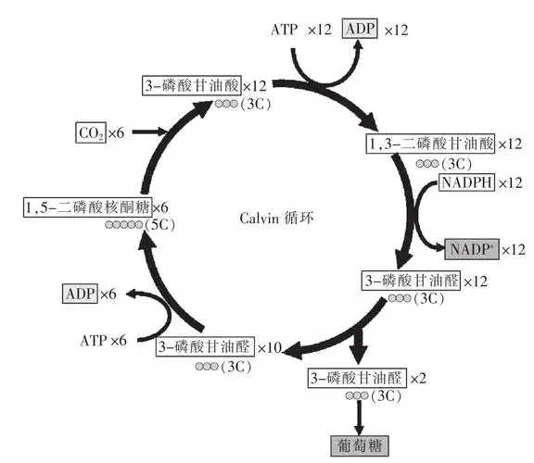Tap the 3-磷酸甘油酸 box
(191, 85)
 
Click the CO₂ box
(90, 133)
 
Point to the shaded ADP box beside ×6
(80, 294)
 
